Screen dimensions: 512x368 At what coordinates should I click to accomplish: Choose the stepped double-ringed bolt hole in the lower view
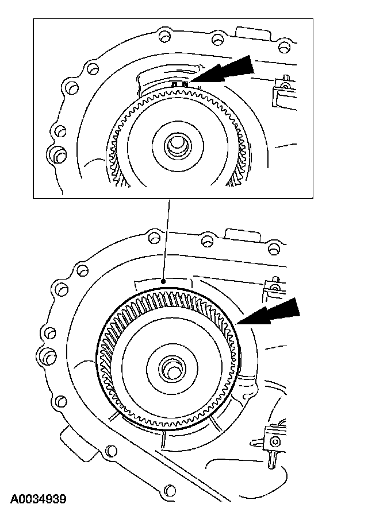(x=59, y=286)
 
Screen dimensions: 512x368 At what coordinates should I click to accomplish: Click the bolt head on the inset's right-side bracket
(x=283, y=87)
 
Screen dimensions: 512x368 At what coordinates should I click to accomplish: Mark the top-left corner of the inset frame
(x=33, y=19)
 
